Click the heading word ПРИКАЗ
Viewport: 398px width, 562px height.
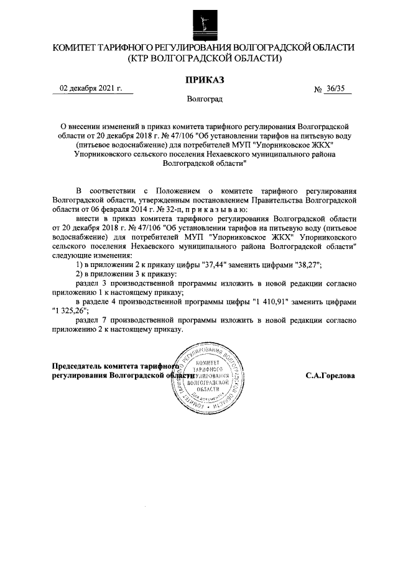[x=203, y=79]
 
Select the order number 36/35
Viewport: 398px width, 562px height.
[x=336, y=89]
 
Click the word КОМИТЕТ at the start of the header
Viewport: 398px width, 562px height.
[x=74, y=47]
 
